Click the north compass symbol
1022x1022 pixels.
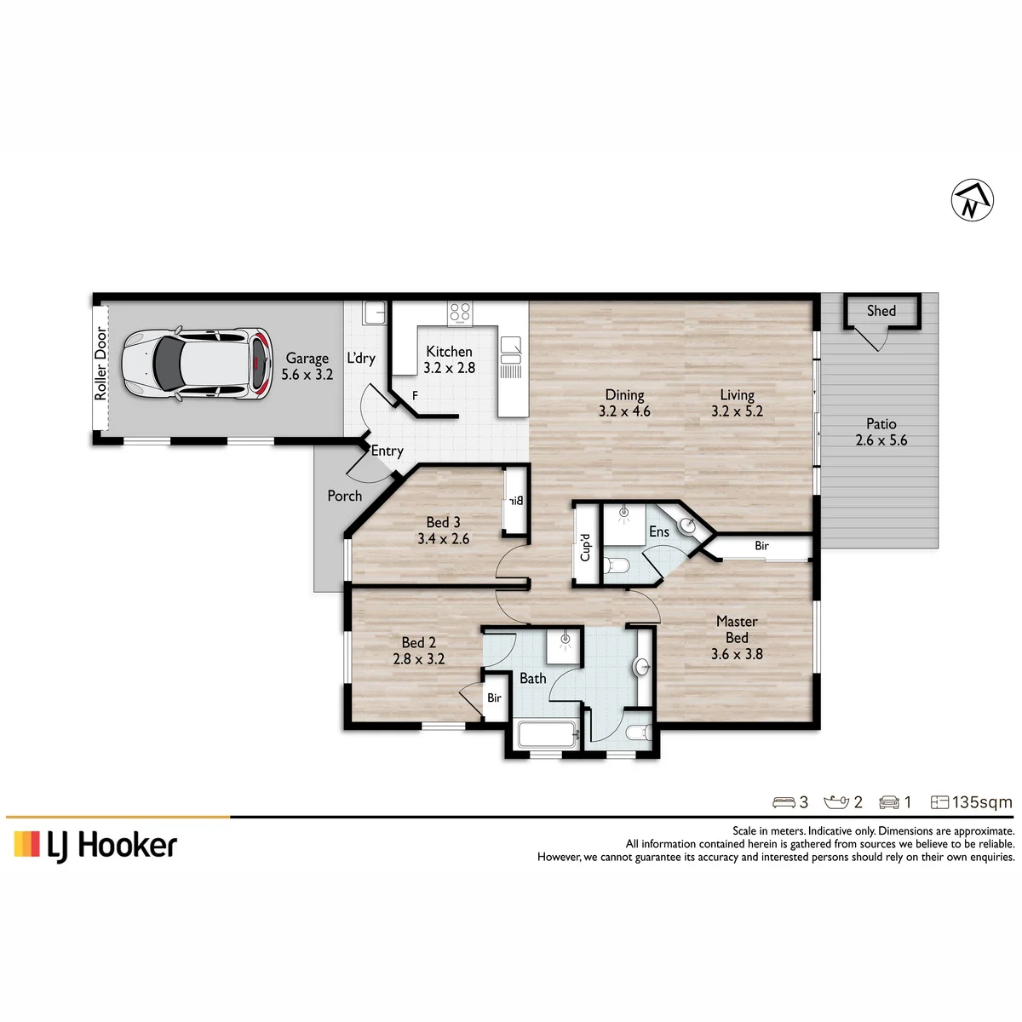[x=972, y=200]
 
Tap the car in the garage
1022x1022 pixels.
[x=197, y=364]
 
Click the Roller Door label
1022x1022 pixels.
[x=100, y=363]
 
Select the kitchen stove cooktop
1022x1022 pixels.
[x=459, y=313]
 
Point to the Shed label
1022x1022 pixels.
[x=881, y=311]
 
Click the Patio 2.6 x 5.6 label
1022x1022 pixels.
[x=881, y=432]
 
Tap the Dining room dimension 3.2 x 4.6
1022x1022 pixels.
[x=624, y=411]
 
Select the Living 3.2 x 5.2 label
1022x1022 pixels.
[x=737, y=403]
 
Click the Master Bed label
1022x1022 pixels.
[x=737, y=629]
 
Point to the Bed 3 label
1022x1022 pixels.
[x=443, y=522]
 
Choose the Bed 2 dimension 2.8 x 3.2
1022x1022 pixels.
[x=418, y=658]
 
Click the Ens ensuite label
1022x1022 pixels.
[x=658, y=531]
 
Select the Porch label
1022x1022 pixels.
[x=345, y=496]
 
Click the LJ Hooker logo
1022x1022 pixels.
[x=95, y=845]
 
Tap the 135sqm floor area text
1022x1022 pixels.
[x=982, y=802]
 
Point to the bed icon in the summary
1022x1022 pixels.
[x=784, y=802]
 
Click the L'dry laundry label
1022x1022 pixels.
[x=360, y=358]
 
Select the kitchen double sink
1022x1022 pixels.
[x=511, y=351]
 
